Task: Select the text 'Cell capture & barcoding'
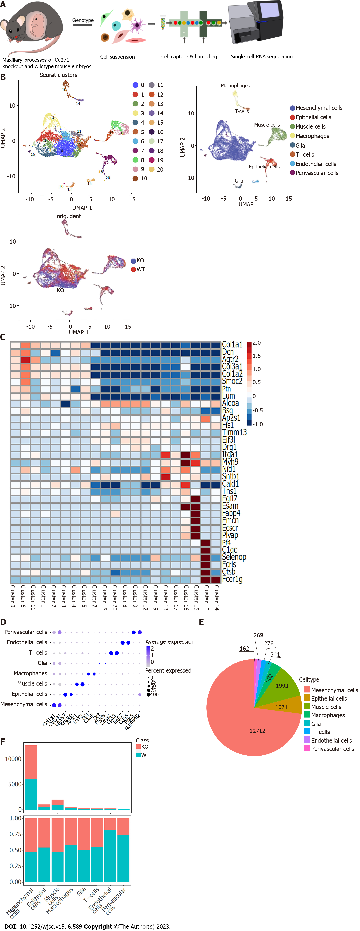[189, 57]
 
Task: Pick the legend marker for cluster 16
[152, 132]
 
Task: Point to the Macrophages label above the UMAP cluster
[235, 86]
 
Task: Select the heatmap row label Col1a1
[232, 344]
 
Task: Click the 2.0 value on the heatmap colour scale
[257, 343]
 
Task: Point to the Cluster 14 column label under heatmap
[216, 598]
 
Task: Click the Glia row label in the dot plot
[42, 663]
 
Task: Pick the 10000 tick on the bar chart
[13, 759]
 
